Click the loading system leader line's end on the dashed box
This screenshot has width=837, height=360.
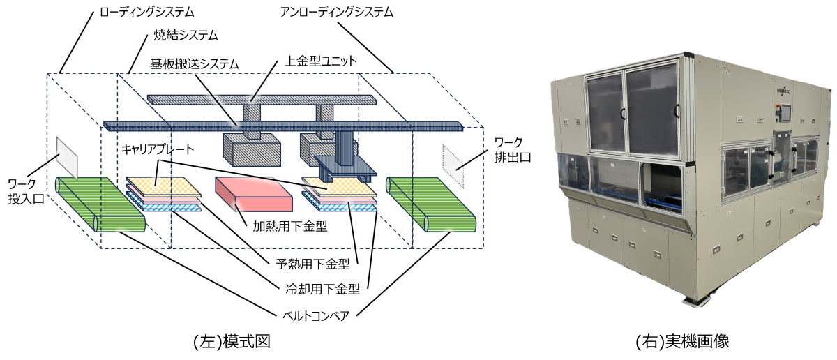[x=60, y=73]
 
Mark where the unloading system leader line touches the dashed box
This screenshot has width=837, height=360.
[x=394, y=73]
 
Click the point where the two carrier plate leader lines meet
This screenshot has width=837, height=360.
[x=159, y=161]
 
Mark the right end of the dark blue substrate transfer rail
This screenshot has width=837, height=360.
[x=463, y=126]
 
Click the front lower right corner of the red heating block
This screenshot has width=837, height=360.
[x=292, y=211]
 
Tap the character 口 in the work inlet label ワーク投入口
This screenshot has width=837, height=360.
[x=38, y=199]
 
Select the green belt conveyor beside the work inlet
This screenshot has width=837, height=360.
[x=100, y=204]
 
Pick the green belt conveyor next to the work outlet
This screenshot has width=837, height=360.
[x=431, y=204]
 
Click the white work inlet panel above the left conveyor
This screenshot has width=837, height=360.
[x=67, y=158]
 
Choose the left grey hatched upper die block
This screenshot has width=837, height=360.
[x=252, y=149]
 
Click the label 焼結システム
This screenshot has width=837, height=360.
[x=186, y=36]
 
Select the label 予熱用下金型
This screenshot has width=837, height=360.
[x=312, y=264]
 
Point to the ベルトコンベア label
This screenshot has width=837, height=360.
[x=316, y=316]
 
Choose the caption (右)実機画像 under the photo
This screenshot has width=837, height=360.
[x=682, y=341]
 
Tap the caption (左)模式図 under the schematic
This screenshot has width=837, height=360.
[x=232, y=341]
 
